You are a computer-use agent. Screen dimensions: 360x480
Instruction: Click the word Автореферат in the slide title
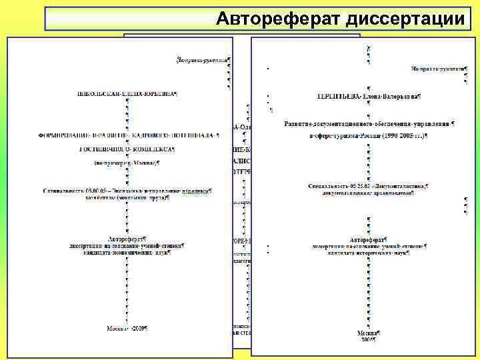pos(278,19)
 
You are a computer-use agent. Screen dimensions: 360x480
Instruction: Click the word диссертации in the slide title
pos(405,19)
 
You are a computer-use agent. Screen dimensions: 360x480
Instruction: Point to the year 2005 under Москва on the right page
pos(369,339)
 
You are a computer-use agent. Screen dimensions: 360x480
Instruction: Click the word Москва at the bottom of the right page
pos(367,332)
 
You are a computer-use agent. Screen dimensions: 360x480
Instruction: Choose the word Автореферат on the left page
pos(126,237)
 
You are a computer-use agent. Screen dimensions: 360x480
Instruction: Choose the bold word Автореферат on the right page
pos(367,239)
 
